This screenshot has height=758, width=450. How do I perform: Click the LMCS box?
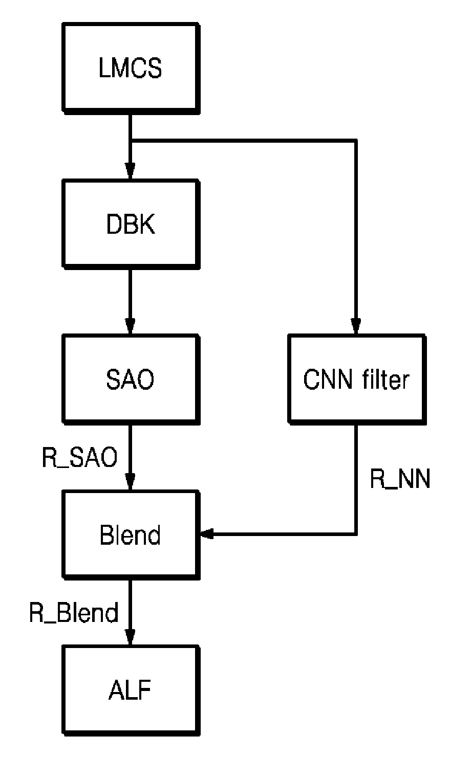[131, 68]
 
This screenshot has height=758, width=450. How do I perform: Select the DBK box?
[131, 224]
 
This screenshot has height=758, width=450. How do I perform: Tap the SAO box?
[131, 380]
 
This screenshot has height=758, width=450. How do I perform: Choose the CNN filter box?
[357, 380]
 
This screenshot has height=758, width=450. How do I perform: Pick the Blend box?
[131, 535]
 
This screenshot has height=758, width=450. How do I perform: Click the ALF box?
[131, 690]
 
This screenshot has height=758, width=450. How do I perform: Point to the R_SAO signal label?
[79, 458]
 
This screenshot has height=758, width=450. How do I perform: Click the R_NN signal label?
[400, 479]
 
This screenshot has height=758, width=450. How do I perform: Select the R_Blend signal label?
[74, 613]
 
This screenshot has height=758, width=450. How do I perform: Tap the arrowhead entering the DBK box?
[131, 171]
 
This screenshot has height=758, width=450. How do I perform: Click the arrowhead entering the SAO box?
[131, 326]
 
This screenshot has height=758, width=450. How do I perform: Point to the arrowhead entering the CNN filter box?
[355, 326]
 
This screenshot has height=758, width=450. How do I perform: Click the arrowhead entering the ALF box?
[131, 637]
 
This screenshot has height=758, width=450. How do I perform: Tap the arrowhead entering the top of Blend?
[131, 482]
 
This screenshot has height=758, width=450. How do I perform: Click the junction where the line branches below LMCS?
[131, 140]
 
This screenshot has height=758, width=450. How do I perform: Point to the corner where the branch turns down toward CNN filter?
[355, 140]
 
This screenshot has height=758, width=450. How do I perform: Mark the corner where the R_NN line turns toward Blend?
[355, 534]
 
